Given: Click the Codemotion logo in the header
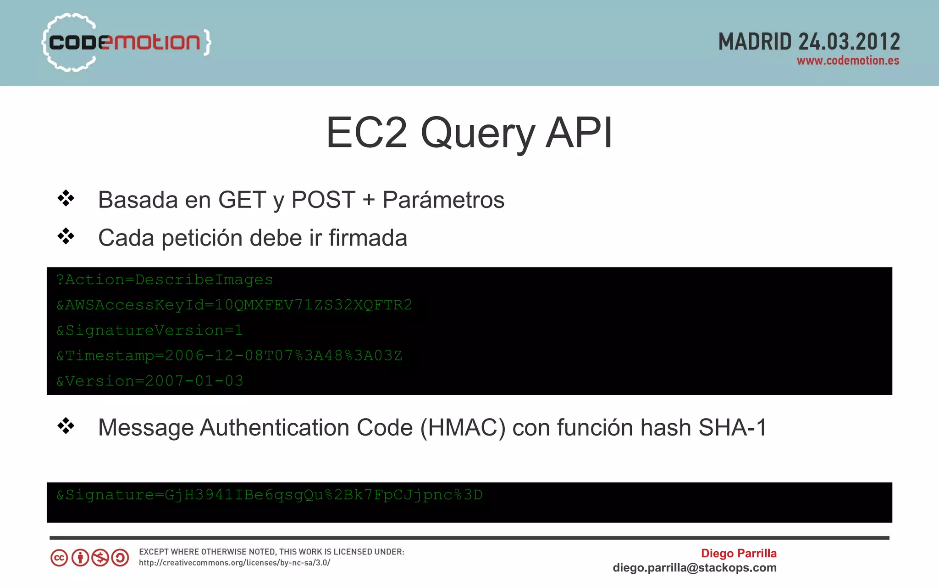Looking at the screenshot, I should pos(126,42).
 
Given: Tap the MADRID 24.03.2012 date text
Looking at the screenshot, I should pos(809,42).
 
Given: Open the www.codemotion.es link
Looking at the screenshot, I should pos(848,61).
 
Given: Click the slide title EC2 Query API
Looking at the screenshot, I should pos(469,133).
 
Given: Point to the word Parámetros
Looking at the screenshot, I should pos(443,200).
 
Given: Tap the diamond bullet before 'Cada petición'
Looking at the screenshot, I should pos(66,236).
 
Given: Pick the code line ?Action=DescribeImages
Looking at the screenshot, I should pos(165,280).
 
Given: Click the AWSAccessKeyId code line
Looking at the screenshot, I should pos(234,305).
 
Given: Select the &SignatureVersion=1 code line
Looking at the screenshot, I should pos(149,330).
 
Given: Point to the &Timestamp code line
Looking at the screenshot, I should pos(229,356).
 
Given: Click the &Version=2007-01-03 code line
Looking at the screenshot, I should pos(150,381).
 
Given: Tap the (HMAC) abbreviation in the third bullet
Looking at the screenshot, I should pos(463,428).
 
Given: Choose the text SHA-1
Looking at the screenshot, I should pos(732,428).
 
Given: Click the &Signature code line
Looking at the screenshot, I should pos(270,495).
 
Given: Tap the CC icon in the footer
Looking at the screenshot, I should pos(59,558).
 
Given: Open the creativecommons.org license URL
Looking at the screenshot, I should pos(234,563).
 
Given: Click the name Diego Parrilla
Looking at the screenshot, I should pos(739,554).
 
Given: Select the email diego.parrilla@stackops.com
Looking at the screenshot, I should pos(695,568).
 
